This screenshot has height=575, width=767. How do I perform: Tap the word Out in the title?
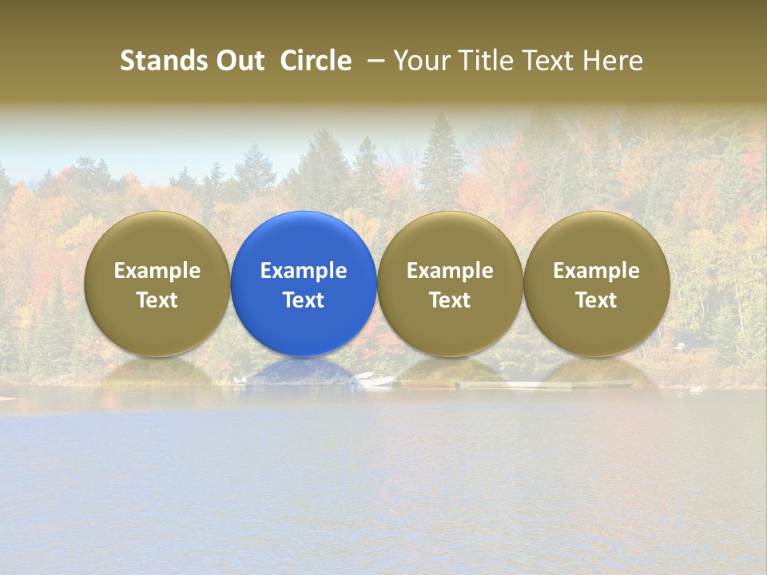[x=237, y=61]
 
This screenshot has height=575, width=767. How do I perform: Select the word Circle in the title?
[x=316, y=61]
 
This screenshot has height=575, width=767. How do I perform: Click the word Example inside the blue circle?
[x=304, y=271]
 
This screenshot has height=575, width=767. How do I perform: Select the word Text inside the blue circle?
[x=304, y=300]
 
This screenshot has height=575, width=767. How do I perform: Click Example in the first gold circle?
[x=157, y=271]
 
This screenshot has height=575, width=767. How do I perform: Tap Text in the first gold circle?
[x=157, y=300]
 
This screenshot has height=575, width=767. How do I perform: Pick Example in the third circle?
[x=450, y=271]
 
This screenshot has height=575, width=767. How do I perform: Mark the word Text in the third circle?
[x=450, y=300]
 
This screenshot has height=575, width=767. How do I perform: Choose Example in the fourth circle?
[x=596, y=271]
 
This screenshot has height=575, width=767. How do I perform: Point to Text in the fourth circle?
[x=596, y=300]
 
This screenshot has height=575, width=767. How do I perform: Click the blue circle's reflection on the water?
[x=304, y=372]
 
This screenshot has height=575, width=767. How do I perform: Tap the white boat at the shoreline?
[x=376, y=379]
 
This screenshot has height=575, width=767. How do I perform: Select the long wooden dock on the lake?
[x=543, y=385]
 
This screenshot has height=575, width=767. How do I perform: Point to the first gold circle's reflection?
[x=157, y=372]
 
